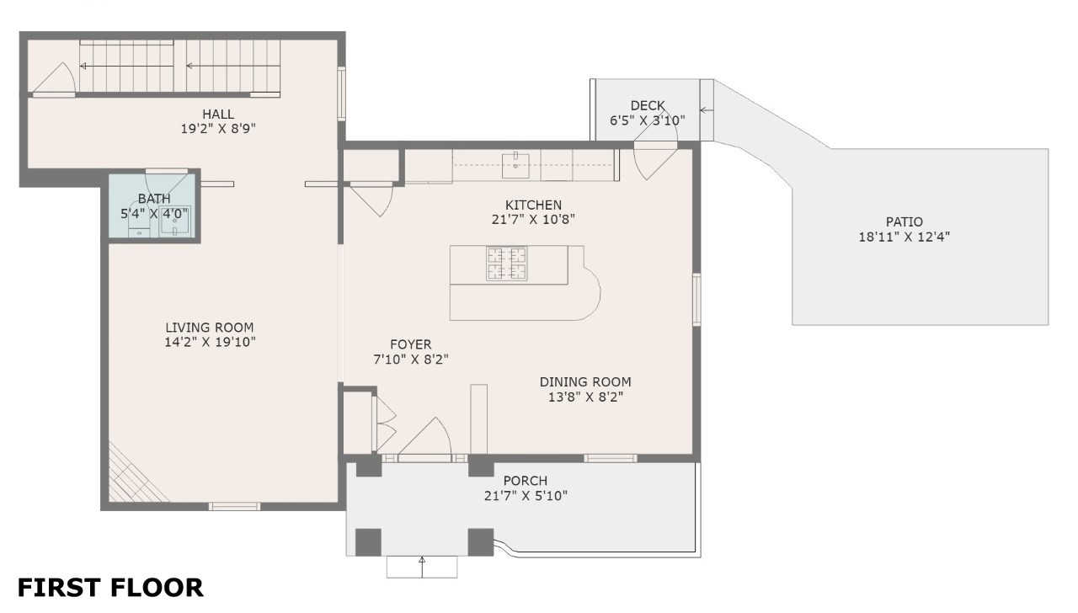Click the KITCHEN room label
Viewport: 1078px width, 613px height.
(533, 205)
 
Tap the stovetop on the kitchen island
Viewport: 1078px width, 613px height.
(506, 263)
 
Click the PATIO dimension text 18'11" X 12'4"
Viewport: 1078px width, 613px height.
(904, 237)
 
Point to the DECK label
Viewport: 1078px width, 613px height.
(648, 105)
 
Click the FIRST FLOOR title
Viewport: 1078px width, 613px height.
(110, 587)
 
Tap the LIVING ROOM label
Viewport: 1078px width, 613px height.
(209, 328)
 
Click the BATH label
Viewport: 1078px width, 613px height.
(154, 199)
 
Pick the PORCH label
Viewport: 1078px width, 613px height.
(526, 481)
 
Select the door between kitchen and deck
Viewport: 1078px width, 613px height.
(654, 161)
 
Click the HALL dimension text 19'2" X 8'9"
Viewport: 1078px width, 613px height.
(218, 130)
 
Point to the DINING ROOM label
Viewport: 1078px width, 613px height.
(585, 381)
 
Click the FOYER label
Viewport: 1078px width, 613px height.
(410, 344)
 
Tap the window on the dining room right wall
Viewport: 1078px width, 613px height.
(696, 299)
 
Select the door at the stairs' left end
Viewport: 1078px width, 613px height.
(56, 81)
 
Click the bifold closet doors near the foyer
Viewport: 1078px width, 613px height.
(385, 421)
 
